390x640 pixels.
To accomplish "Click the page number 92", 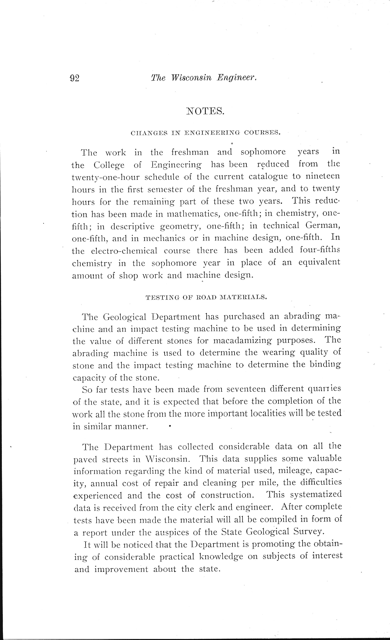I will pyautogui.click(x=74, y=78).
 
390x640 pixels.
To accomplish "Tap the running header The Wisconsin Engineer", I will pyautogui.click(x=204, y=78).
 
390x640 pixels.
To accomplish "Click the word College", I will pyautogui.click(x=109, y=165).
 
